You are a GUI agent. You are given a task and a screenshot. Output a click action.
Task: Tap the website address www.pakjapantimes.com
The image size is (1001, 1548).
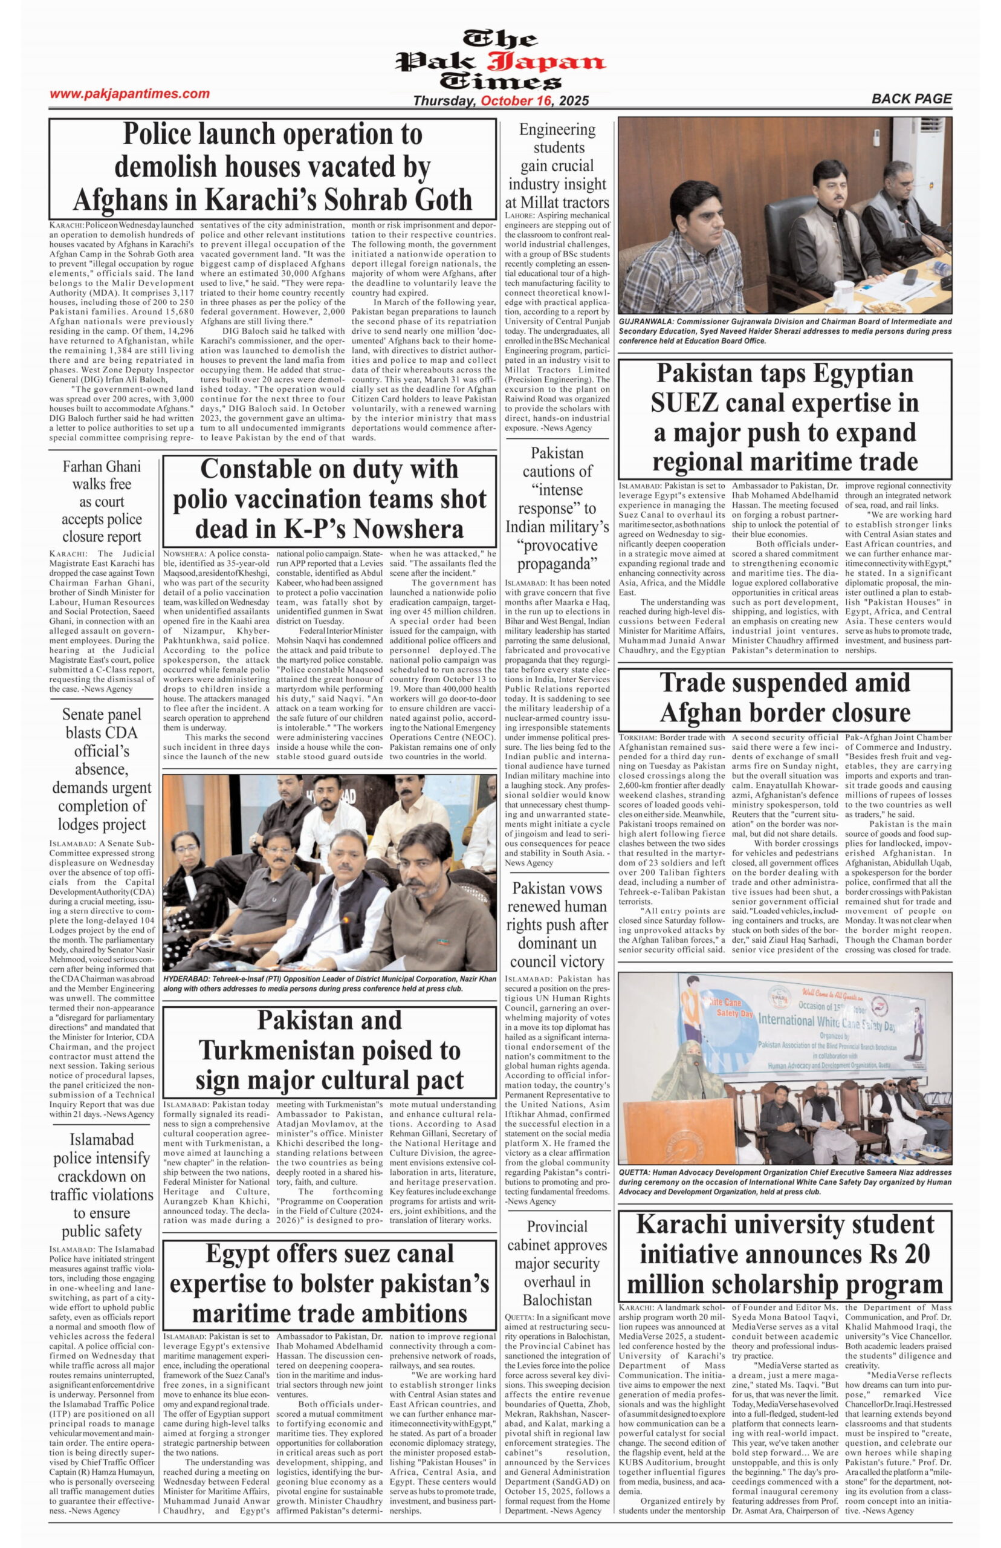tap(129, 94)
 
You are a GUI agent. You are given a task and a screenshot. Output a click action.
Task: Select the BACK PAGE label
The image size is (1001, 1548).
tap(911, 99)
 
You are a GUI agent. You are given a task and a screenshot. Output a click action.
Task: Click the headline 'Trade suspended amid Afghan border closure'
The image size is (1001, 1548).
tap(785, 697)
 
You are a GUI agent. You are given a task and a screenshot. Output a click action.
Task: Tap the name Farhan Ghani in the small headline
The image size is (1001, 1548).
tap(102, 466)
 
